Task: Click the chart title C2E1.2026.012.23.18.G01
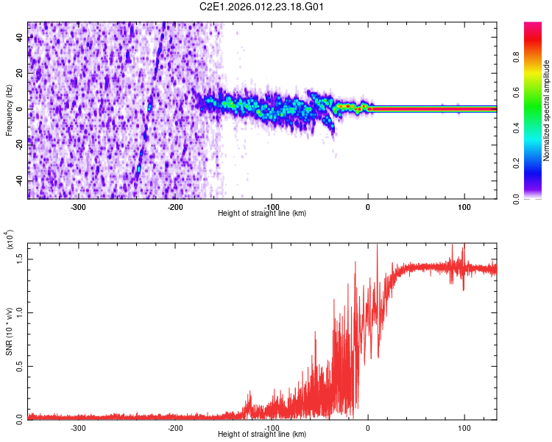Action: (262, 7)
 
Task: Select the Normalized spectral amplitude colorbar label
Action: (547, 110)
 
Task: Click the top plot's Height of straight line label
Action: (262, 214)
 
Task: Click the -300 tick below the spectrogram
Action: (79, 207)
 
